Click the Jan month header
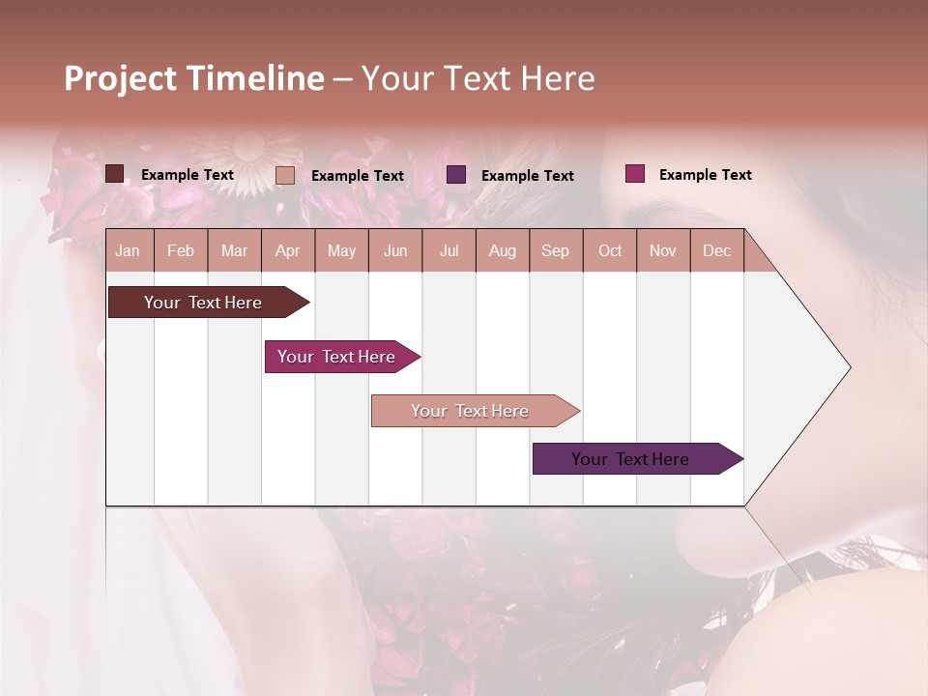click(x=128, y=251)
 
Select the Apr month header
click(x=287, y=251)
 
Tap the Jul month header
click(x=449, y=251)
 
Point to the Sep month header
click(x=555, y=251)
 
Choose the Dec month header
click(x=716, y=251)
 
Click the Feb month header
click(x=181, y=251)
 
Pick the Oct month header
click(x=610, y=251)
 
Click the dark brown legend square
click(x=114, y=174)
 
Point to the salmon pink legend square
click(x=285, y=175)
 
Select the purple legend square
click(x=456, y=175)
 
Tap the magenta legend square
click(x=634, y=174)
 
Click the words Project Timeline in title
click(x=194, y=78)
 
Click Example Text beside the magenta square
click(x=705, y=175)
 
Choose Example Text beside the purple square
click(x=527, y=176)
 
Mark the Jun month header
click(x=395, y=251)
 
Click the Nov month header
click(x=663, y=251)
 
